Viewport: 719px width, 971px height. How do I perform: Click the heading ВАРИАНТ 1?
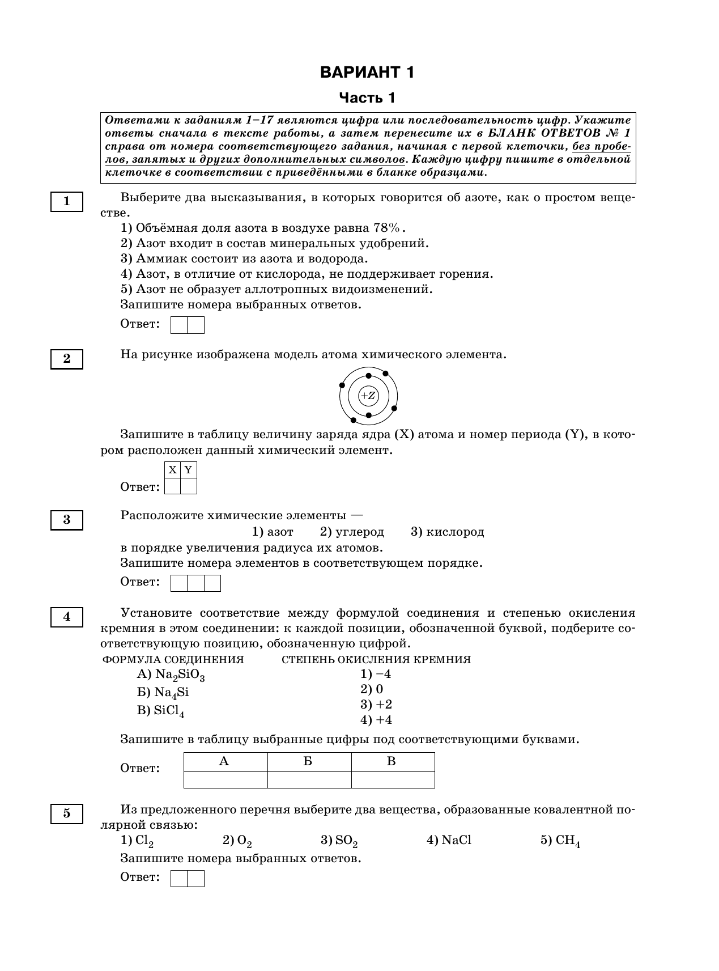[367, 73]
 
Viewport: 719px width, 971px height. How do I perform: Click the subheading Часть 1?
[367, 98]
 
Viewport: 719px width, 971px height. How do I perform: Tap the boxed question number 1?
[67, 202]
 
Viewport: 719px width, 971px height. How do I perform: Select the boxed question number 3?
[67, 520]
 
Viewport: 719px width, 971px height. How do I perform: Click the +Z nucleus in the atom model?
[368, 396]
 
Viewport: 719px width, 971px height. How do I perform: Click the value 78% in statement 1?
[386, 228]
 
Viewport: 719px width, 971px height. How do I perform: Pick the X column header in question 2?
[172, 470]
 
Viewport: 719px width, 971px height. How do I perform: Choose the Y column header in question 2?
[188, 470]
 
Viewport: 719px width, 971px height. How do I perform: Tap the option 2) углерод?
[352, 532]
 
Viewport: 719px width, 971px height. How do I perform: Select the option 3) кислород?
[447, 532]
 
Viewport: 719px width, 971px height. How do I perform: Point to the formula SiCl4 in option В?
[169, 711]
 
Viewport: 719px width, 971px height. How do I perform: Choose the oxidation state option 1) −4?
[376, 674]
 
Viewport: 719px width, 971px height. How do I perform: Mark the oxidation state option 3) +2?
[376, 705]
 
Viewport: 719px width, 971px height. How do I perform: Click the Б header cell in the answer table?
[308, 762]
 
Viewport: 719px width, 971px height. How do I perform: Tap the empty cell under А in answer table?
[226, 780]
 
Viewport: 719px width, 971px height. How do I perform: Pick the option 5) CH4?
[560, 841]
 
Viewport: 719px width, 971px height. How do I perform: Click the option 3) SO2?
[339, 841]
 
